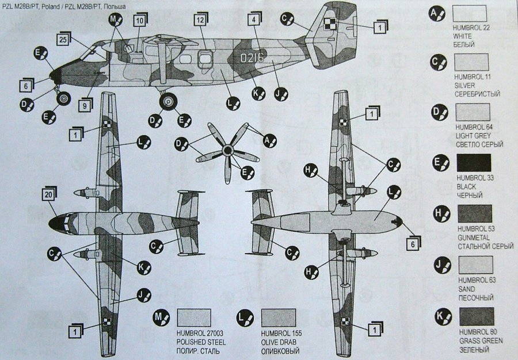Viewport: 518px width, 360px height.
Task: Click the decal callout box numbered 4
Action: pyautogui.click(x=253, y=20)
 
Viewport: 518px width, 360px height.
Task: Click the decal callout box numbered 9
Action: pyautogui.click(x=83, y=105)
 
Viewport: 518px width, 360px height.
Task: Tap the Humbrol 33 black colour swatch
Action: pyautogui.click(x=473, y=162)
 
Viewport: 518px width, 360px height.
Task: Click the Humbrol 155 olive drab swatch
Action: pyautogui.click(x=278, y=317)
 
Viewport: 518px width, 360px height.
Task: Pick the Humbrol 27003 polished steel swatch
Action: pyautogui.click(x=194, y=317)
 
